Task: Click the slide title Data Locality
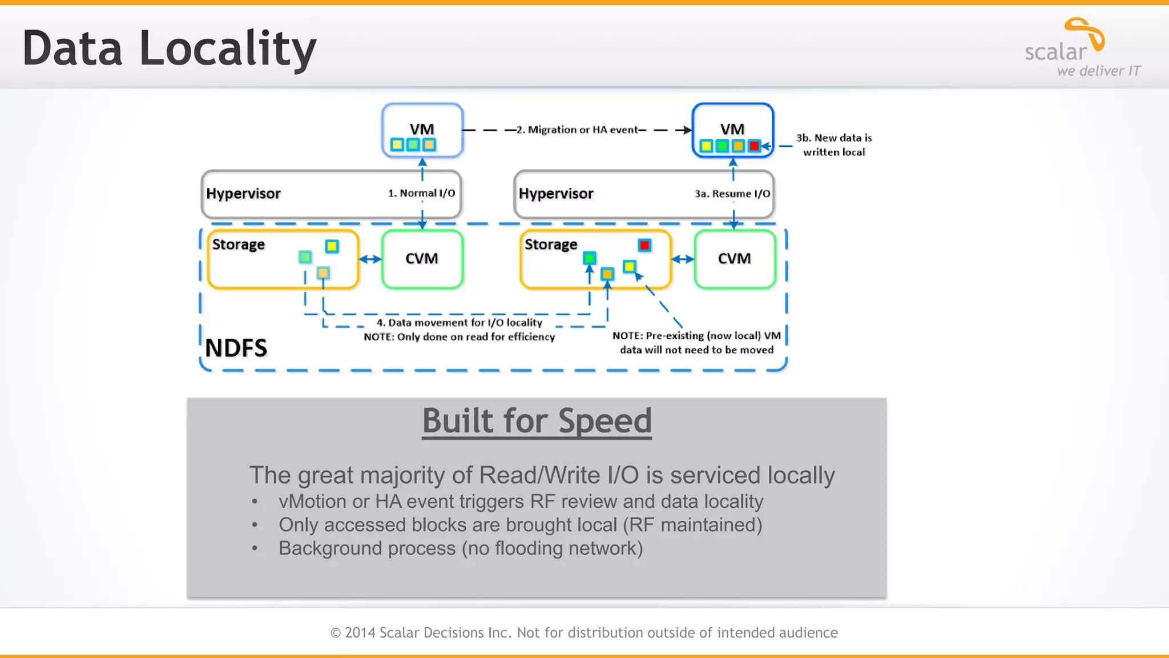169,49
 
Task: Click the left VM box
422,130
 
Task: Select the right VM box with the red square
732,130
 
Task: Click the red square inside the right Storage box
644,245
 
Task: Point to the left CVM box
422,259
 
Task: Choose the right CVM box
735,259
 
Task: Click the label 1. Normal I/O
421,193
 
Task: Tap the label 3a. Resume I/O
732,194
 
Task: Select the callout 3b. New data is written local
834,145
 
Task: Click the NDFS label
236,348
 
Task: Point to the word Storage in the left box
238,244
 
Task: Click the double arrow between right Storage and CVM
683,259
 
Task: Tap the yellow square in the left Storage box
332,246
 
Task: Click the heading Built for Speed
537,421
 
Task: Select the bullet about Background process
460,548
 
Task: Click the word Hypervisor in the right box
555,194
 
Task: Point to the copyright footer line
584,632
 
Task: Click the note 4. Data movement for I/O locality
459,323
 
